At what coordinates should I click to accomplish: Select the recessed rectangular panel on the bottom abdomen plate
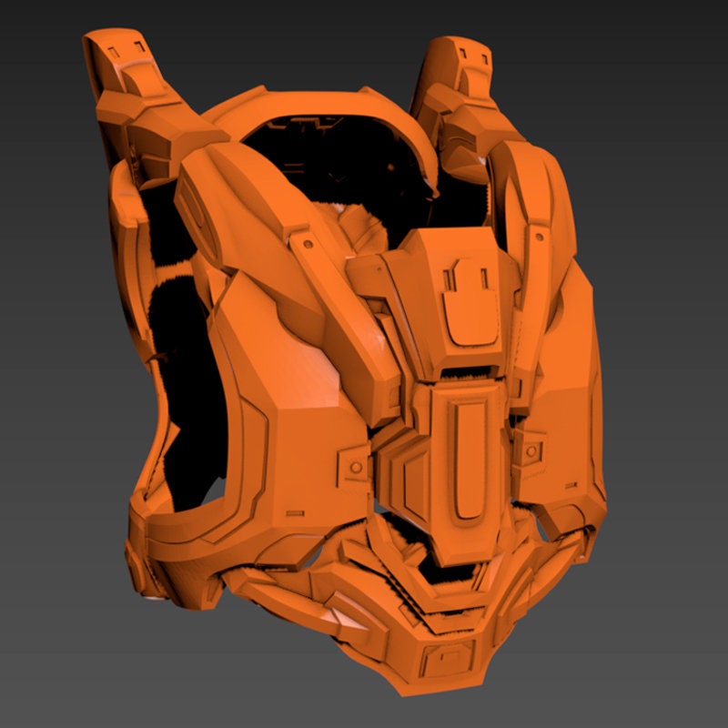point(447,653)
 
